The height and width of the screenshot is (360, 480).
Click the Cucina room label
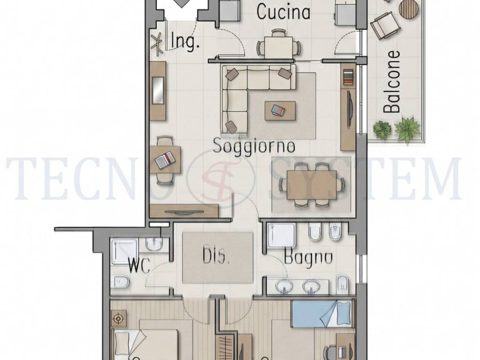(284, 12)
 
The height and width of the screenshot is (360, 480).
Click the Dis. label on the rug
(216, 256)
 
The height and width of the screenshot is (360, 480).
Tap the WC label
(138, 267)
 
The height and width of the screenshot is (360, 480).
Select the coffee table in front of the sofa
(280, 111)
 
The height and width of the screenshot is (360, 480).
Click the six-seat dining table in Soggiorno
(312, 185)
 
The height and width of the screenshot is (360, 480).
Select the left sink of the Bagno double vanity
(284, 285)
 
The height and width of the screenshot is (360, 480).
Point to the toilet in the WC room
(120, 282)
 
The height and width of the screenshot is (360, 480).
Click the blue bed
(321, 314)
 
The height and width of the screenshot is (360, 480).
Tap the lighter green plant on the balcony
(406, 128)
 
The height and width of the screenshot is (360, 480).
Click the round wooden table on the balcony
(409, 7)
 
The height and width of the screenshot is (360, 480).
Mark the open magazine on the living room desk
(165, 160)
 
